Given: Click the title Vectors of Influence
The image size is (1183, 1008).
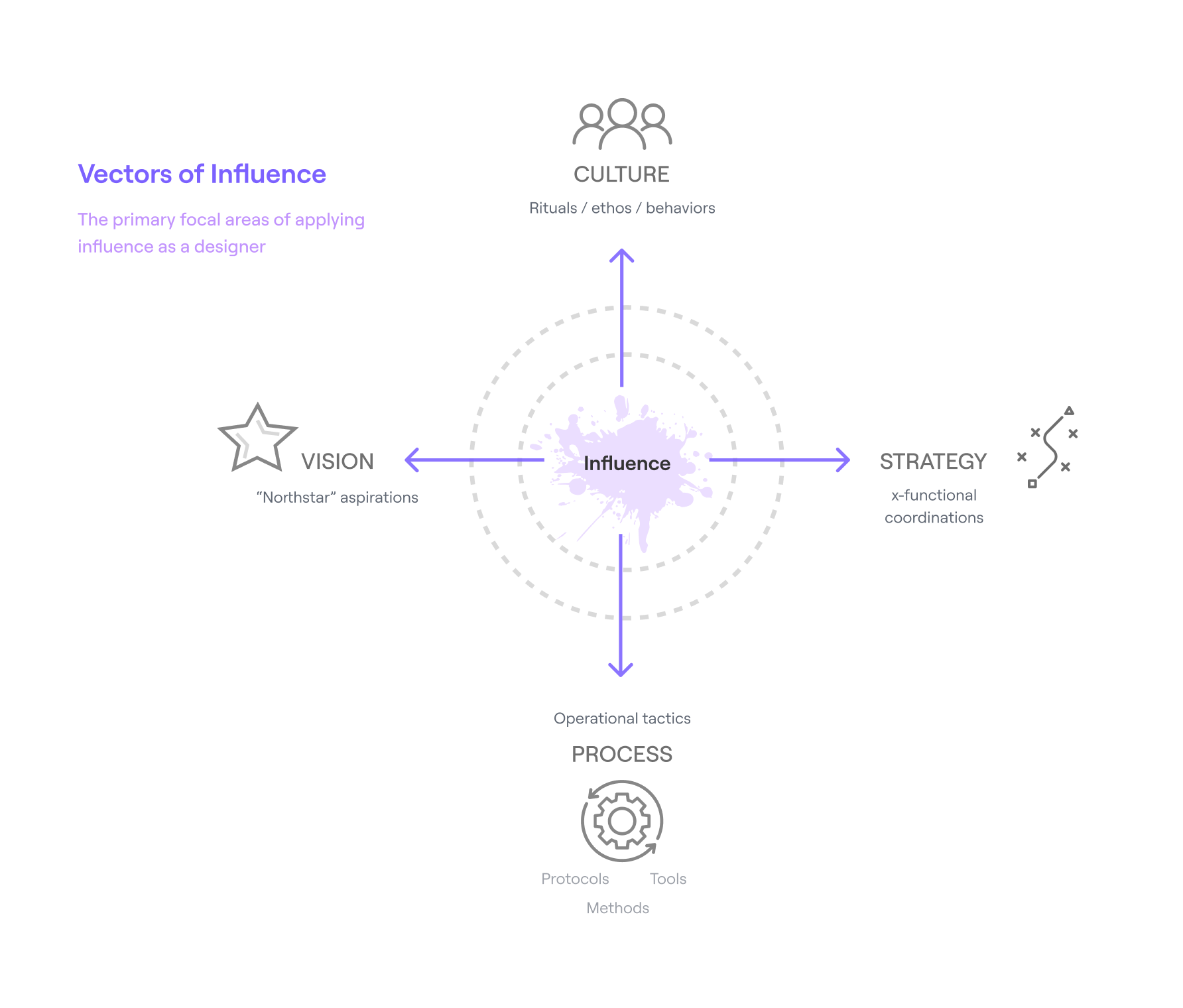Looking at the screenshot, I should (x=202, y=174).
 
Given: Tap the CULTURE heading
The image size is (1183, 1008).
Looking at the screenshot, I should (x=621, y=174).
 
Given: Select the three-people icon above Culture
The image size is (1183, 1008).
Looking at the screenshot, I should (x=622, y=124).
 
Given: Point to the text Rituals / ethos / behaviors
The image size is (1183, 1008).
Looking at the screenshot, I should (x=622, y=208).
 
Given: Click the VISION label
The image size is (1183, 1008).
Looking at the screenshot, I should (x=338, y=462).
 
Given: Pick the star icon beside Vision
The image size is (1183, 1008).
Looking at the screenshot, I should (x=257, y=438).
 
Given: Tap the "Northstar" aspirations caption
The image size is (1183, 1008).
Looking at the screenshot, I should (x=337, y=497).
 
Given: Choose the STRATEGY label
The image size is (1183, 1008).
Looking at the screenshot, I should (x=933, y=462).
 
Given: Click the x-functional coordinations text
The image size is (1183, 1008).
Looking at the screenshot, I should (x=934, y=507).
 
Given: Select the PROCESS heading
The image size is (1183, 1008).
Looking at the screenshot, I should (x=622, y=755).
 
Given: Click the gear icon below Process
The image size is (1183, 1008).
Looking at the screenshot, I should (x=622, y=821).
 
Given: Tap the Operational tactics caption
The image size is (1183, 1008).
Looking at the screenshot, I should (x=622, y=719).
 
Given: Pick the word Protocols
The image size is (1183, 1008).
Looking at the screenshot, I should (x=575, y=879).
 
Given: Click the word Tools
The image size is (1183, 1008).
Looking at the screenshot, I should (x=668, y=879).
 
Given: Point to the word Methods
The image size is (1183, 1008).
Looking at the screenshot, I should (x=617, y=909).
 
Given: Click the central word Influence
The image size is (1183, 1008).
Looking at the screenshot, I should (x=627, y=464).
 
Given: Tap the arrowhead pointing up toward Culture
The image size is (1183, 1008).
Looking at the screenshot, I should (x=622, y=255).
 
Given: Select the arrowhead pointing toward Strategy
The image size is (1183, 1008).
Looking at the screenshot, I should (x=843, y=460).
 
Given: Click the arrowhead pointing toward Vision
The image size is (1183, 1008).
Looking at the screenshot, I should (x=411, y=460).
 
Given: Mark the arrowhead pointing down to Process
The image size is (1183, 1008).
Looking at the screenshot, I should (x=621, y=670).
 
